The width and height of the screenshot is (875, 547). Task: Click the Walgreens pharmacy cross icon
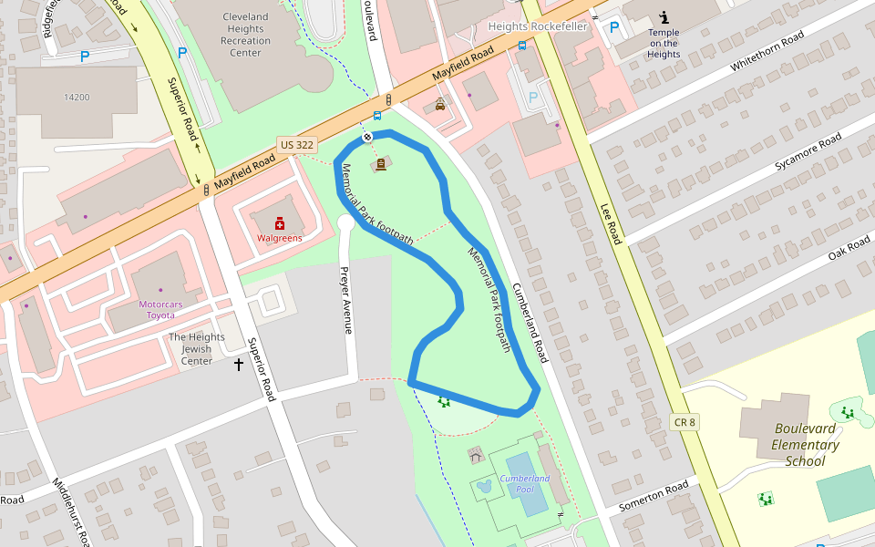pyautogui.click(x=280, y=223)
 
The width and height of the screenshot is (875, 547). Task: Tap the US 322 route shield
pyautogui.click(x=297, y=145)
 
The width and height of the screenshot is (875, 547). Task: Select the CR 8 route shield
pyautogui.click(x=685, y=422)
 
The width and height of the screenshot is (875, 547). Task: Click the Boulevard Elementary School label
pyautogui.click(x=806, y=445)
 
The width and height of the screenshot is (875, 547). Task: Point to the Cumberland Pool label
pyautogui.click(x=525, y=483)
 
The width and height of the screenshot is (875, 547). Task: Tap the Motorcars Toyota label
pyautogui.click(x=169, y=309)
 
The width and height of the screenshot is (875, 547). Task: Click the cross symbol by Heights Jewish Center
pyautogui.click(x=239, y=365)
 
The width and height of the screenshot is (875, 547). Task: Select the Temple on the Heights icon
pyautogui.click(x=664, y=17)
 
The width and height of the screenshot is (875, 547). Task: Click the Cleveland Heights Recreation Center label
pyautogui.click(x=246, y=35)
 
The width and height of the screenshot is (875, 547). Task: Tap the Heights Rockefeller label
pyautogui.click(x=538, y=26)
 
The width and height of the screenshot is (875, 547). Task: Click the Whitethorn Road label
pyautogui.click(x=767, y=52)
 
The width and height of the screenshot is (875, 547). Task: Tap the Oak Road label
pyautogui.click(x=849, y=247)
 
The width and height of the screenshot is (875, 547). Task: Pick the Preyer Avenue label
pyautogui.click(x=345, y=300)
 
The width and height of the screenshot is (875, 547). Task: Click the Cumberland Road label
pyautogui.click(x=529, y=322)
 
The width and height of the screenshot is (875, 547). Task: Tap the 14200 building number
pyautogui.click(x=77, y=97)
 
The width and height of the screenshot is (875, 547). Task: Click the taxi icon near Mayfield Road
pyautogui.click(x=440, y=105)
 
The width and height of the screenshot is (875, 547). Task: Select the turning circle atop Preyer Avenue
pyautogui.click(x=345, y=222)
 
